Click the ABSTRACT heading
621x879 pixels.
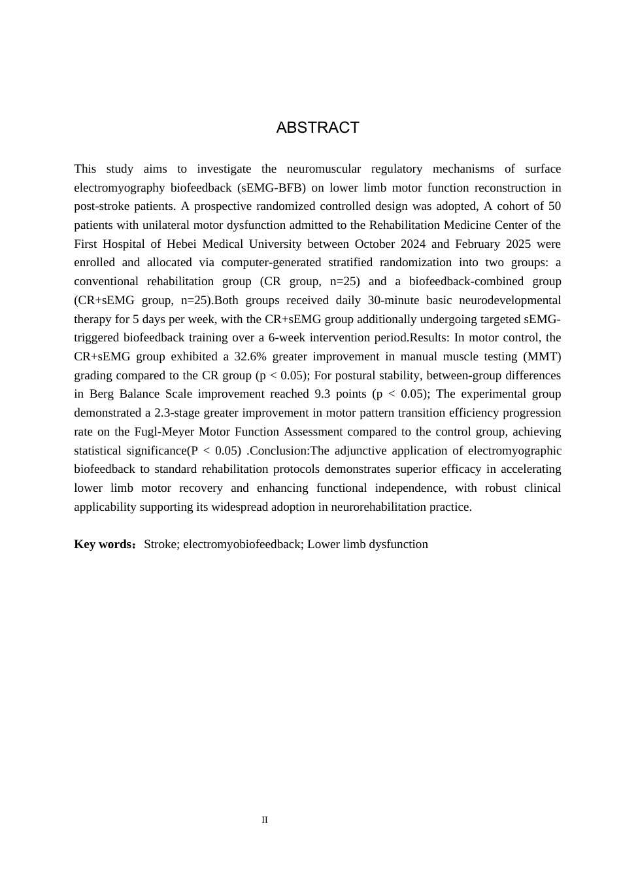click(x=318, y=128)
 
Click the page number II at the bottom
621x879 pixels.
click(x=265, y=819)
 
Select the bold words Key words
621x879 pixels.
click(x=104, y=544)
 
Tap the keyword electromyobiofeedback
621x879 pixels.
click(x=241, y=544)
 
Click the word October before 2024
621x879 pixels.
click(x=377, y=244)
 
